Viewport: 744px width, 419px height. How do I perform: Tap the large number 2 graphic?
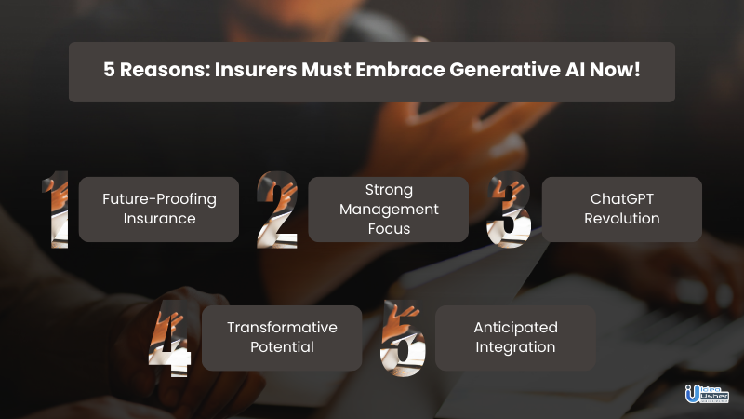coord(277,209)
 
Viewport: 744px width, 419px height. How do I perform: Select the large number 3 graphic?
coord(509,209)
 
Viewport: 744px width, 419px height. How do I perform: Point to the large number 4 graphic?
coord(170,338)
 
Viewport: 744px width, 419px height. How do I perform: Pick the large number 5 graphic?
coord(403,338)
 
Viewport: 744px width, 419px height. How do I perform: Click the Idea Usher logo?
coord(707,394)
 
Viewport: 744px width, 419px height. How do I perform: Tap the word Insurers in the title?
coord(256,70)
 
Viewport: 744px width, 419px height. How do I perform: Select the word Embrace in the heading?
coord(400,70)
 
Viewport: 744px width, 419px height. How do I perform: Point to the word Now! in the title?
coord(615,70)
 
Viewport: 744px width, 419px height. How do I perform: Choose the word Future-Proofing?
coord(159,199)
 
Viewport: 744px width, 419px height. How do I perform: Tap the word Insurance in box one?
coord(159,219)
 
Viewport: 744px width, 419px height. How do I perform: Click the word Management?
coord(389,209)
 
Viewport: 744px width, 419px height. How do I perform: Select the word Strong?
coord(389,190)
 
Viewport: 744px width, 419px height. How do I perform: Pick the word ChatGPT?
coord(622,199)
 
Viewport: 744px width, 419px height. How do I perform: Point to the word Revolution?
coord(622,219)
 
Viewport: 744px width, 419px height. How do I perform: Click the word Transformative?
coord(283,328)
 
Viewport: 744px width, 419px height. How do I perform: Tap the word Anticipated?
coord(516,328)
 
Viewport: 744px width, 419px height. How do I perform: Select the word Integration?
coord(516,347)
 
